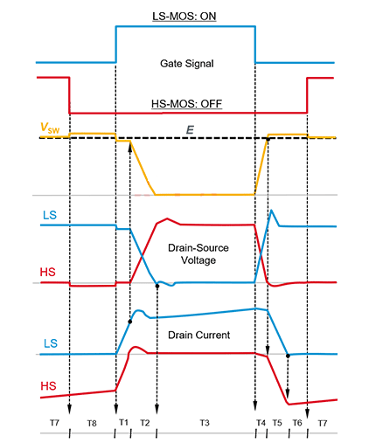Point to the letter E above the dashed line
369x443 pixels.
pos(188,128)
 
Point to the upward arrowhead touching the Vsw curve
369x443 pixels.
pos(129,148)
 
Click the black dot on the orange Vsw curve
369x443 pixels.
pos(267,138)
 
